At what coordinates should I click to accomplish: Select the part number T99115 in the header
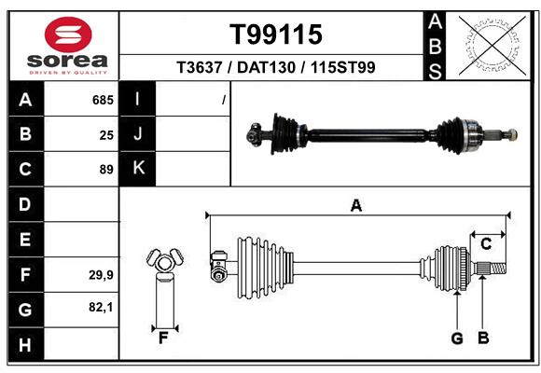click(276, 35)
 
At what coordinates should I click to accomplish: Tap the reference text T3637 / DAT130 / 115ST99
click(276, 68)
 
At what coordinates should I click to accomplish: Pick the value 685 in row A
click(103, 99)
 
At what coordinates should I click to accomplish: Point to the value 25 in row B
click(106, 134)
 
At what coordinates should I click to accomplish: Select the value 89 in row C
click(106, 170)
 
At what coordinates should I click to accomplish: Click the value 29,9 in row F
click(102, 274)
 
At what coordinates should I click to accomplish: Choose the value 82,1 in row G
click(102, 307)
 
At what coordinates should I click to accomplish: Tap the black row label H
click(24, 344)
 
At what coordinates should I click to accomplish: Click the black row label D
click(24, 204)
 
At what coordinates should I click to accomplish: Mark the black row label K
click(138, 169)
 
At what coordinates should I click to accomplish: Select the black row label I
click(138, 99)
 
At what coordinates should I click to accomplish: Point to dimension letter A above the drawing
click(355, 205)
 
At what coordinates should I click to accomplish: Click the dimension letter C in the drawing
click(486, 244)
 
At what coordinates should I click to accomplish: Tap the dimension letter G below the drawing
click(457, 338)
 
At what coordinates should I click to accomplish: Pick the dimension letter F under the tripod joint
click(162, 338)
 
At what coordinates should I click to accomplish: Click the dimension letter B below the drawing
click(482, 338)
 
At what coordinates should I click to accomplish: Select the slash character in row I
click(224, 99)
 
